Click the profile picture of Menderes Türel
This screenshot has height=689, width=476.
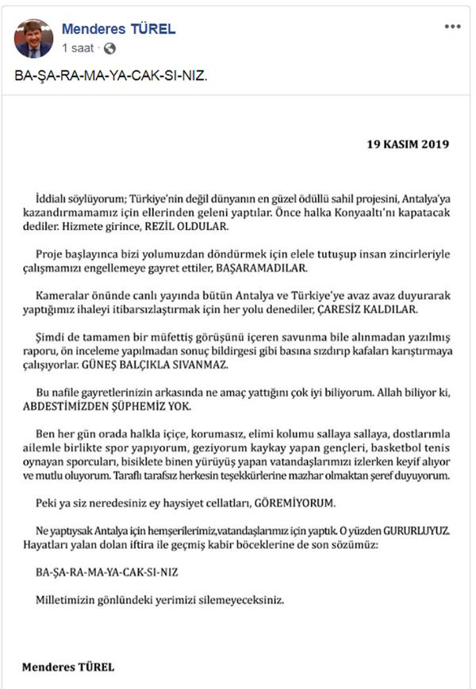click(x=33, y=39)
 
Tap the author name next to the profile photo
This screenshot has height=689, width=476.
click(x=118, y=30)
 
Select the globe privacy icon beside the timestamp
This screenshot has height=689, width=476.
click(x=109, y=48)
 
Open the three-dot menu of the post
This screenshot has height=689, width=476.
click(x=452, y=26)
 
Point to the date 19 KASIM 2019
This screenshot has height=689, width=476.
click(x=408, y=145)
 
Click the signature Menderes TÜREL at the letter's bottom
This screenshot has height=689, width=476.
click(x=67, y=667)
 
